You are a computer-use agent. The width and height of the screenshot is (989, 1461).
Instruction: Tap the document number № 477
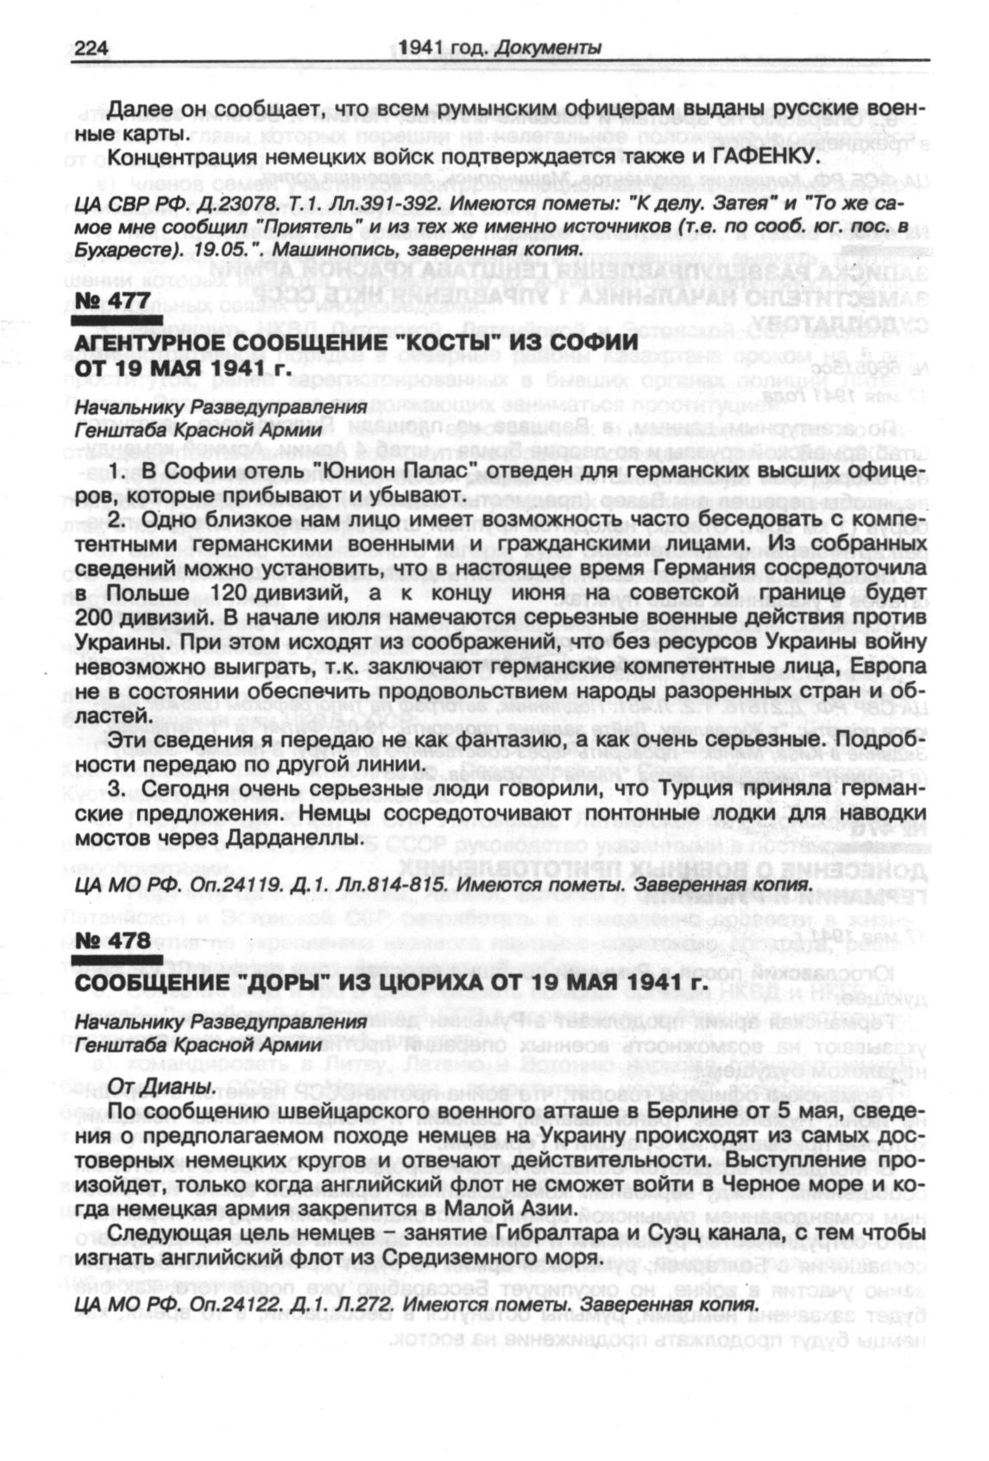[112, 300]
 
